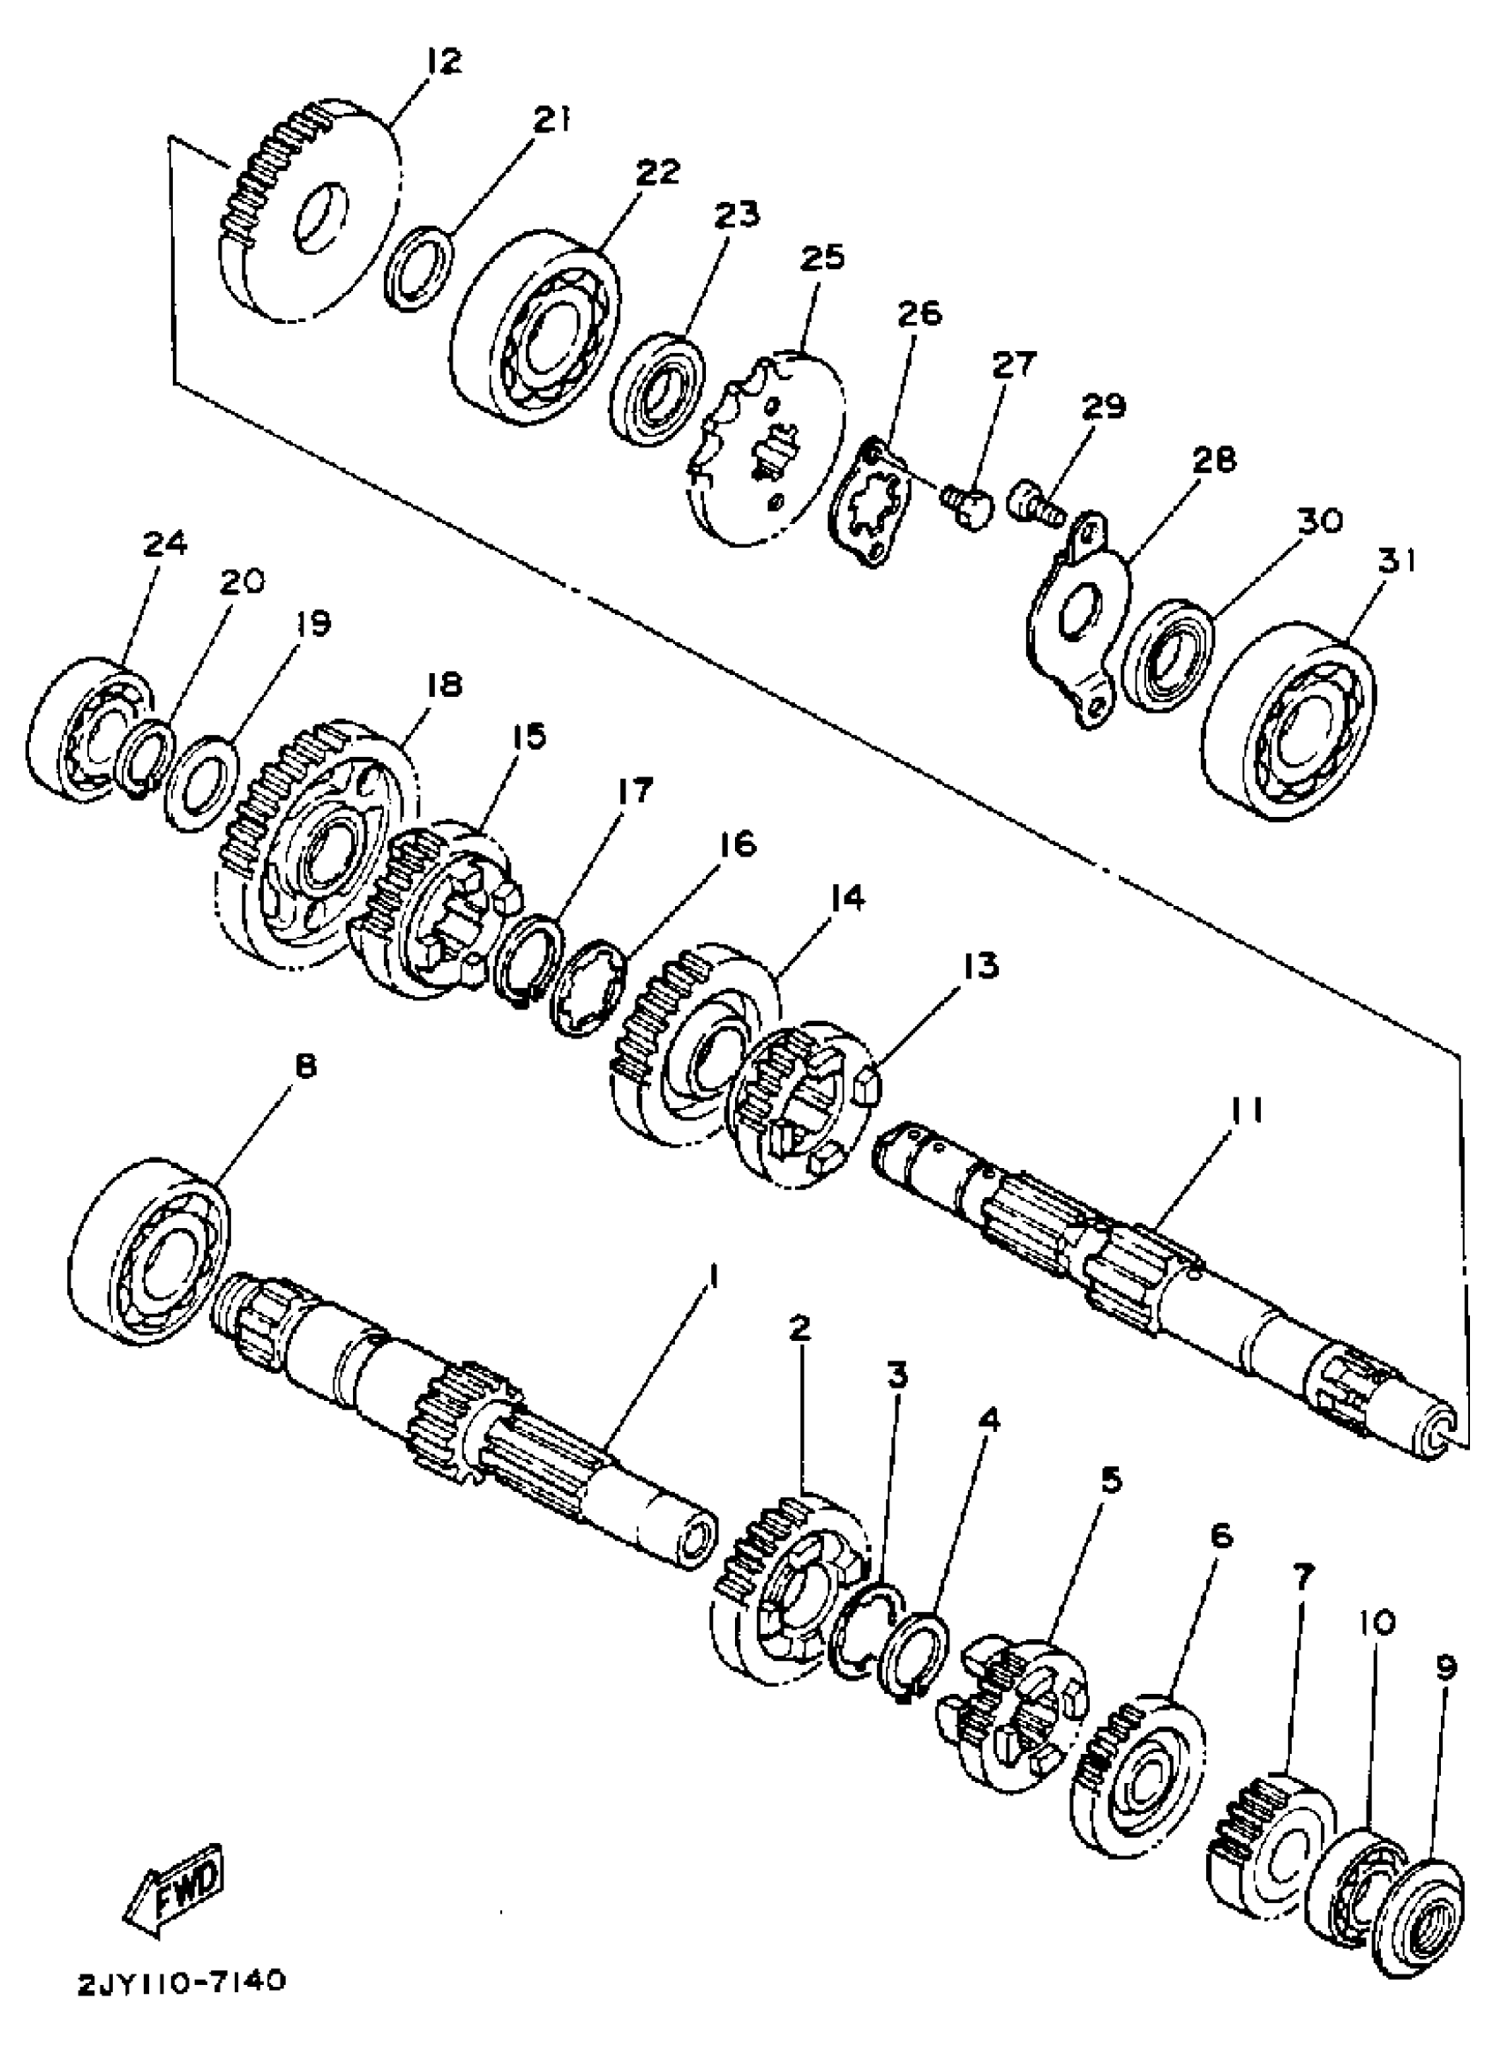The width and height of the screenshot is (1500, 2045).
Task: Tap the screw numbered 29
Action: click(1035, 502)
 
